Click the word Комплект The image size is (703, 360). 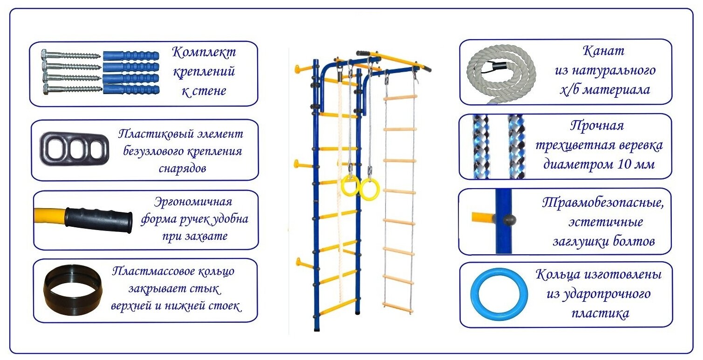tap(204, 52)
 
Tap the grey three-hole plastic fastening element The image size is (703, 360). tap(74, 149)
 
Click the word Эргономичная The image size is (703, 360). tap(193, 203)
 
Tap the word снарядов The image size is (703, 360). tap(182, 168)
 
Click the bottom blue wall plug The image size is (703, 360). tap(131, 89)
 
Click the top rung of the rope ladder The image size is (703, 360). tap(400, 98)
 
